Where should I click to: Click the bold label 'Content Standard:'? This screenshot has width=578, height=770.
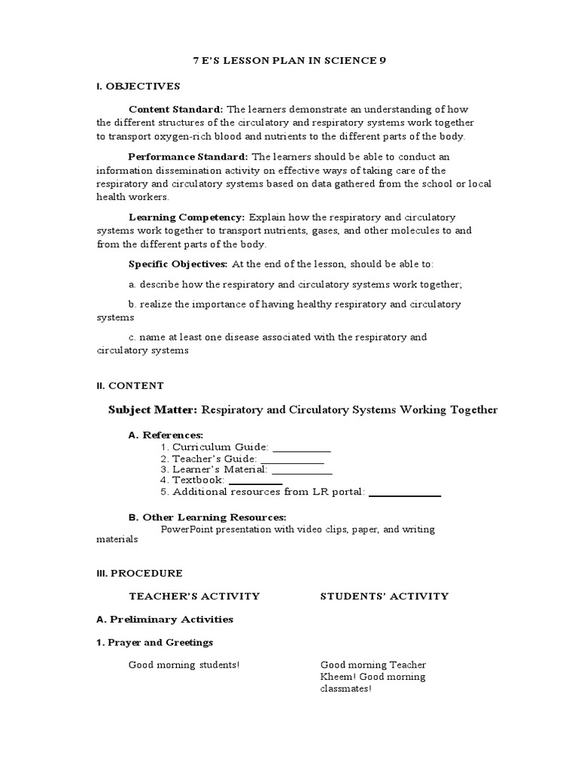[176, 109]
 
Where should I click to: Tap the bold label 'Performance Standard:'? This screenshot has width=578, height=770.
[188, 156]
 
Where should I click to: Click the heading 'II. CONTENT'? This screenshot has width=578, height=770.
[130, 386]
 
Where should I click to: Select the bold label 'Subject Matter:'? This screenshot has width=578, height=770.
[153, 410]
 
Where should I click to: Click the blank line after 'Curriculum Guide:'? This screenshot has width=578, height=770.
[301, 448]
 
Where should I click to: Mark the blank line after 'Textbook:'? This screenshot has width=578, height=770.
[255, 481]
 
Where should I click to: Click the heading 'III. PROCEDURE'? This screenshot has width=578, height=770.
[139, 573]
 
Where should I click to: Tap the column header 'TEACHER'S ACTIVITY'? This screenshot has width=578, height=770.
[194, 596]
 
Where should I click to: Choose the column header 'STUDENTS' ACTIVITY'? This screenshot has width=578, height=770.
[385, 596]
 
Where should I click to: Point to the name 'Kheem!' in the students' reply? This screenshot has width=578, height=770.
[337, 677]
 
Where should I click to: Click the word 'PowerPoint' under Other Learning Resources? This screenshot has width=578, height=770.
[187, 529]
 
